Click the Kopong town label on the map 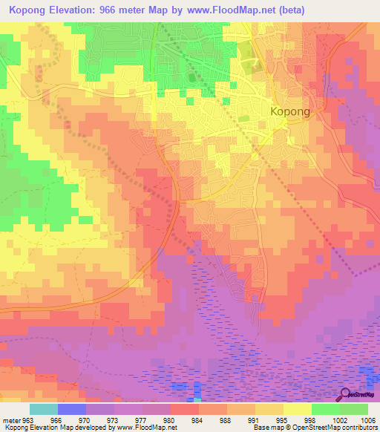tap(290, 111)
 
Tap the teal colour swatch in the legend tap(44, 409)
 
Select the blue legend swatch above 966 tap(72, 409)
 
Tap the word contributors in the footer tap(359, 428)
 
